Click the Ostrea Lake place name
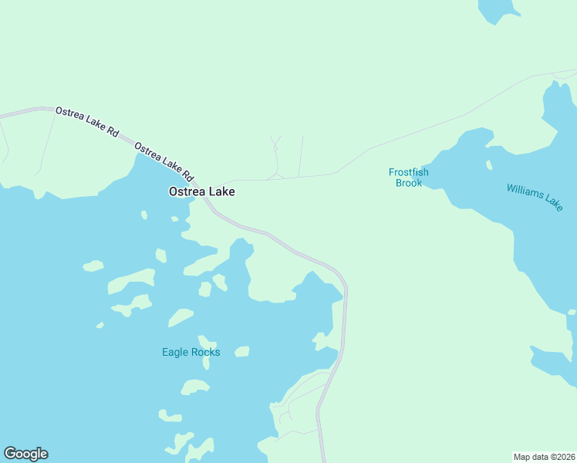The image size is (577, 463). click(x=202, y=191)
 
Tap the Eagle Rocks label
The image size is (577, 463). click(x=191, y=353)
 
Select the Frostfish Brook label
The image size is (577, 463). click(x=408, y=177)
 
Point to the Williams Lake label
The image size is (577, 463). click(x=535, y=198)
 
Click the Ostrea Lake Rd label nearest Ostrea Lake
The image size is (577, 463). click(x=163, y=157)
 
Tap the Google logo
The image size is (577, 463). click(x=25, y=454)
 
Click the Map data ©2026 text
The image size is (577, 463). click(x=544, y=456)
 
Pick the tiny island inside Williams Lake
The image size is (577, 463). click(x=488, y=164)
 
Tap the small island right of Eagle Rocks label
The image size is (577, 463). click(x=242, y=352)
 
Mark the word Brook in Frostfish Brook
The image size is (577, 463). click(x=408, y=184)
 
